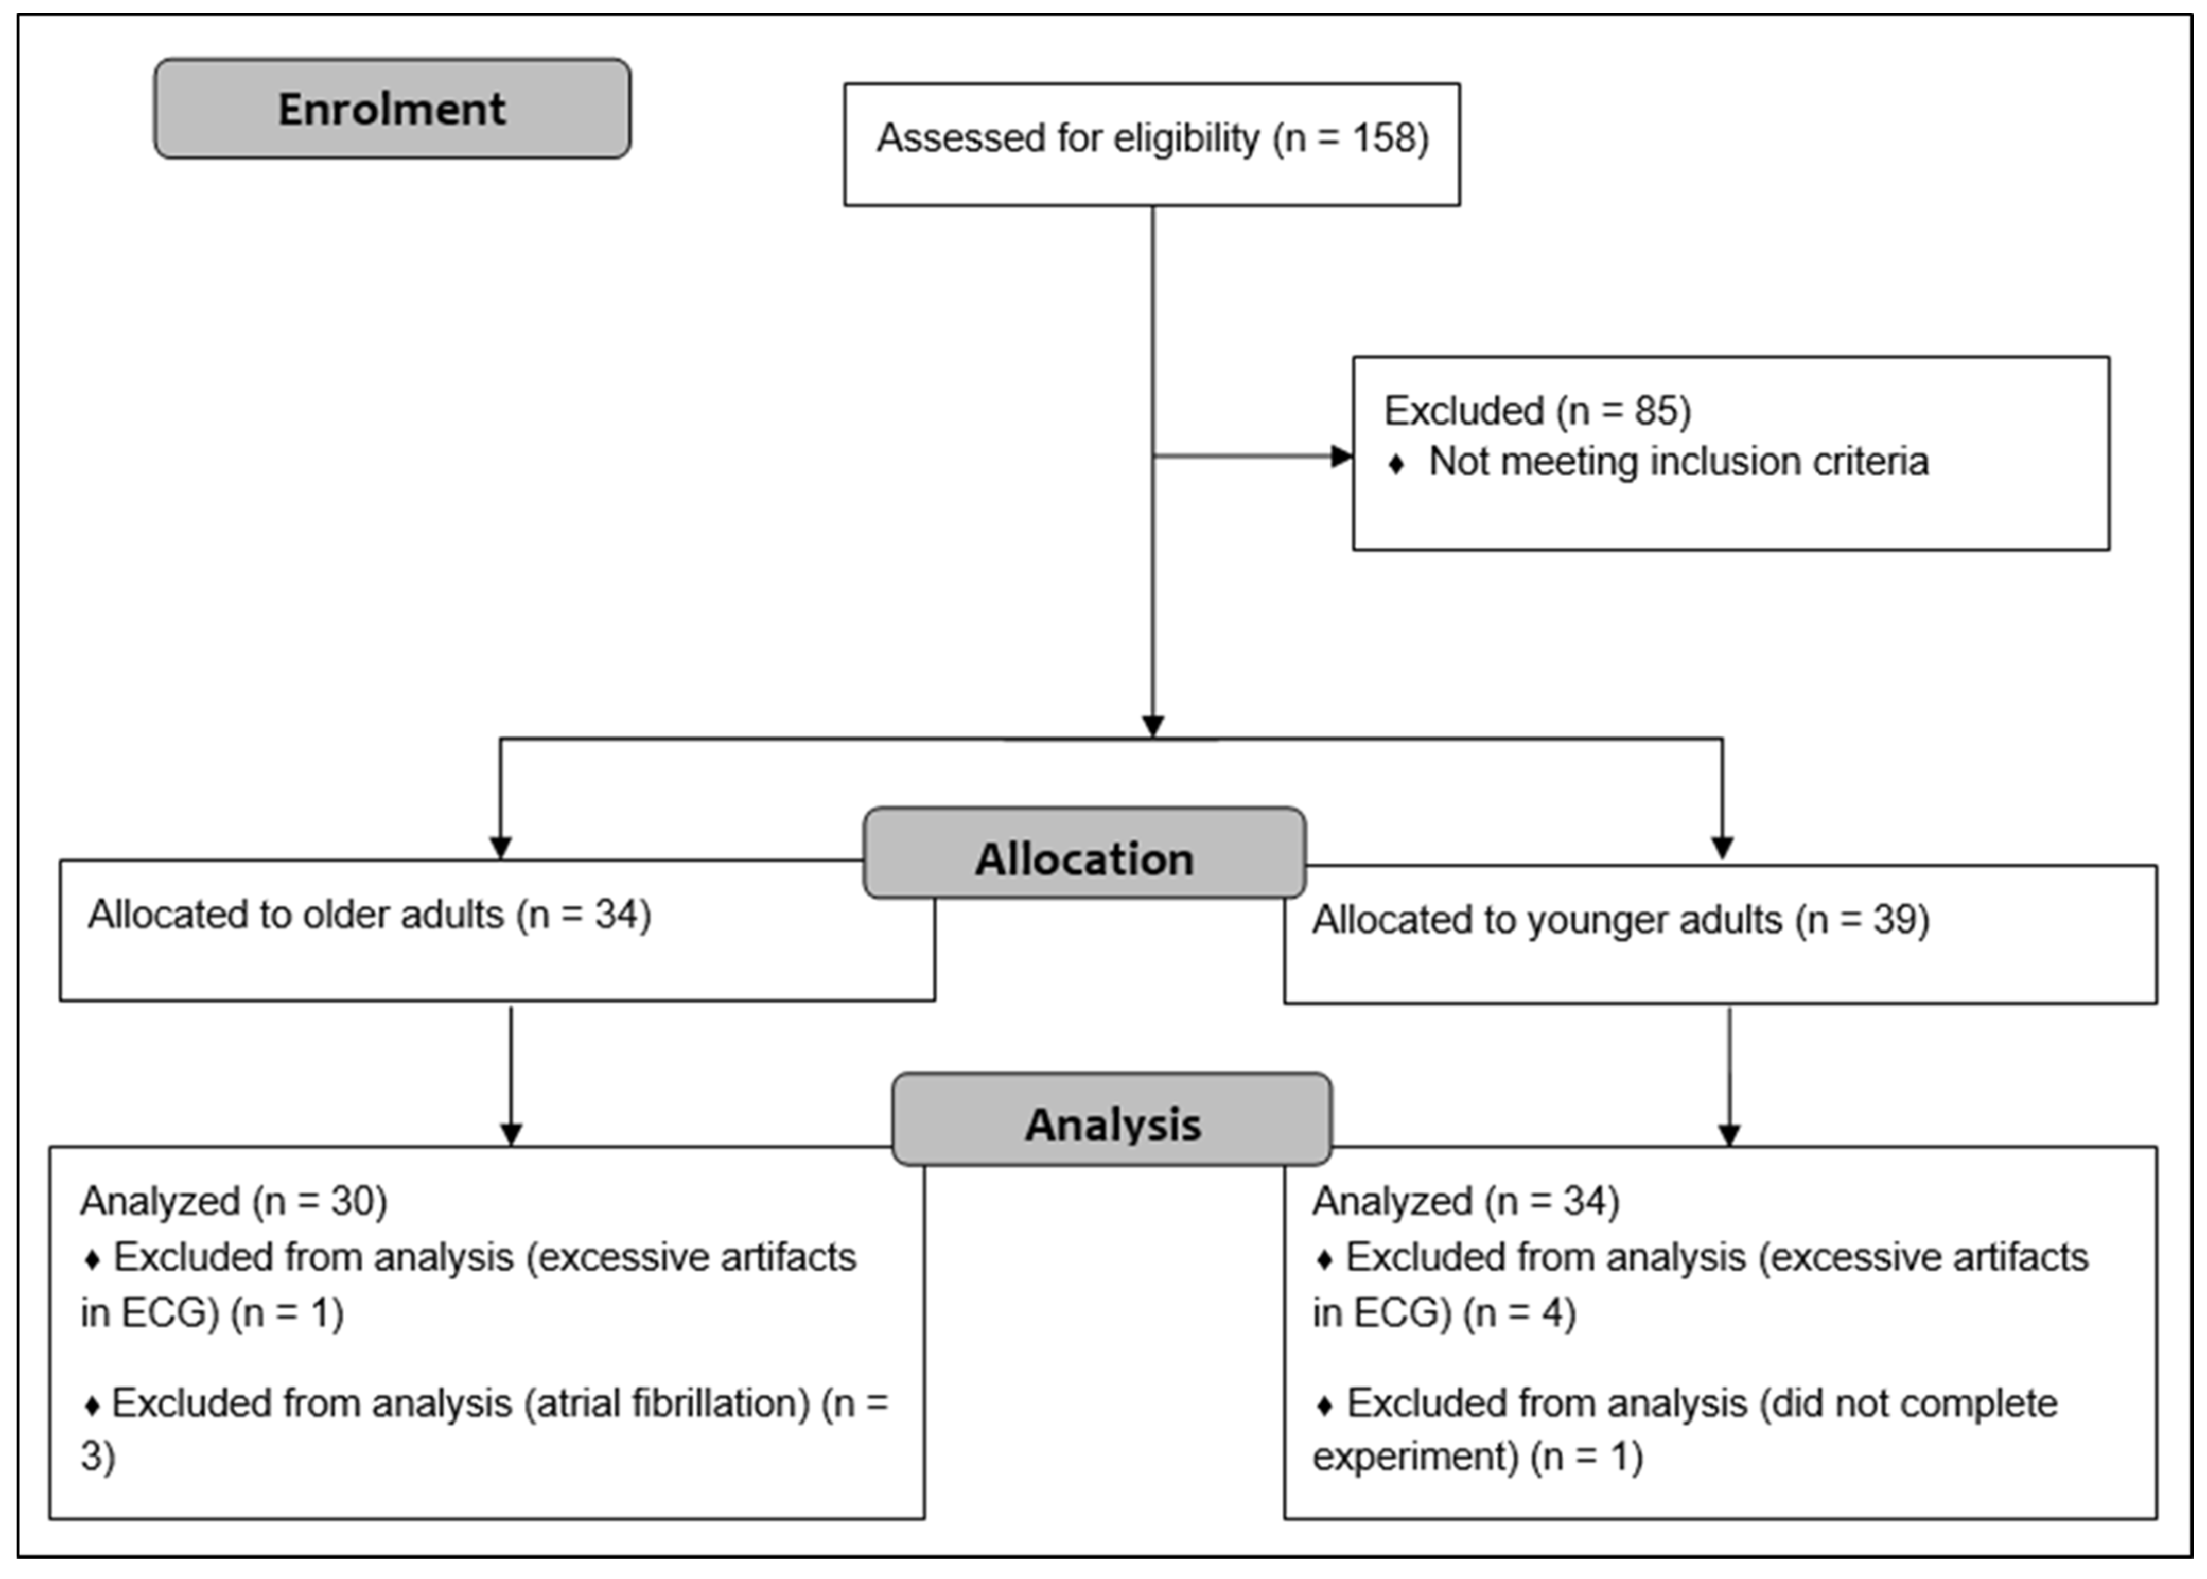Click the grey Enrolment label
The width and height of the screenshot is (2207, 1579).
(x=392, y=109)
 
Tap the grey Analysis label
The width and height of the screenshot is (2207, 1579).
(x=1112, y=1125)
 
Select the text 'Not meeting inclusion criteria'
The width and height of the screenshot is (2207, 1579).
(x=1678, y=462)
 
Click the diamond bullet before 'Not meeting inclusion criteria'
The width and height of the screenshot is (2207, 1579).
(x=1396, y=464)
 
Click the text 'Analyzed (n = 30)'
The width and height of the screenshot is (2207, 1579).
(x=233, y=1202)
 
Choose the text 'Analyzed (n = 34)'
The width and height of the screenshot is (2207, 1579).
(x=1465, y=1202)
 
